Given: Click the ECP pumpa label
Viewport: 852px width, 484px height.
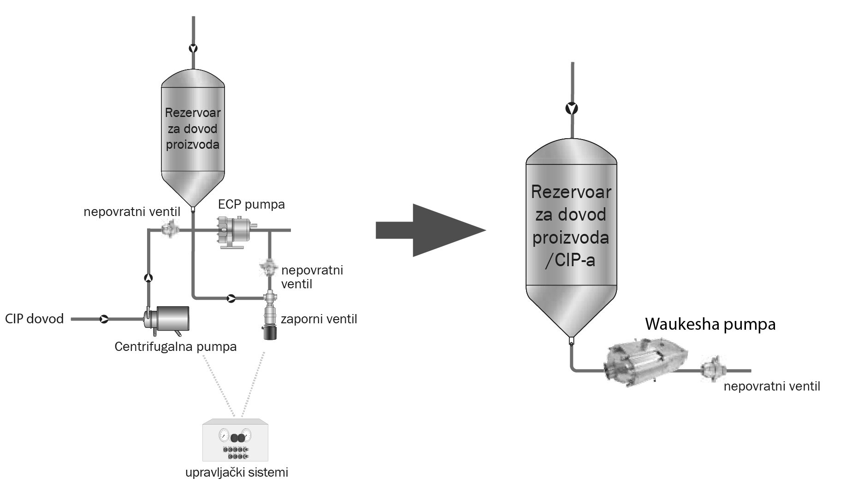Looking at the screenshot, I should click(x=251, y=204).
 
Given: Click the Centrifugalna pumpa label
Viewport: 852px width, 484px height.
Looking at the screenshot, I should click(x=175, y=346).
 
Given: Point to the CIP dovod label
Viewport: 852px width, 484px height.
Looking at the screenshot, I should click(x=35, y=319).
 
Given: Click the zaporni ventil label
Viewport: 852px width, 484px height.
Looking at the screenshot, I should click(x=319, y=319).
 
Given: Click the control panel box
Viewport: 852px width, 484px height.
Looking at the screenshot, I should click(x=235, y=440).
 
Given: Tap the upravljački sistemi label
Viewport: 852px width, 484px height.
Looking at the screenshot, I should click(x=237, y=472).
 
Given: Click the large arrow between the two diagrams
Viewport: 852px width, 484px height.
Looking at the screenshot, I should click(x=431, y=230).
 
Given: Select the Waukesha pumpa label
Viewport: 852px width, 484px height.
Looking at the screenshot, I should click(x=710, y=324).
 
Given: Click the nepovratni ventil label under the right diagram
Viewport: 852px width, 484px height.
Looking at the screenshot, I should click(x=772, y=386).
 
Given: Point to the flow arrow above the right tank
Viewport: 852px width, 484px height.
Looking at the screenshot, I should click(x=572, y=109).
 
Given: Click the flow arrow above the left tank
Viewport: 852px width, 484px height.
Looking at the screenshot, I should click(x=193, y=48).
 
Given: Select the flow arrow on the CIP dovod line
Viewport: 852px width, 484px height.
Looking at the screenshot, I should click(x=104, y=319).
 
